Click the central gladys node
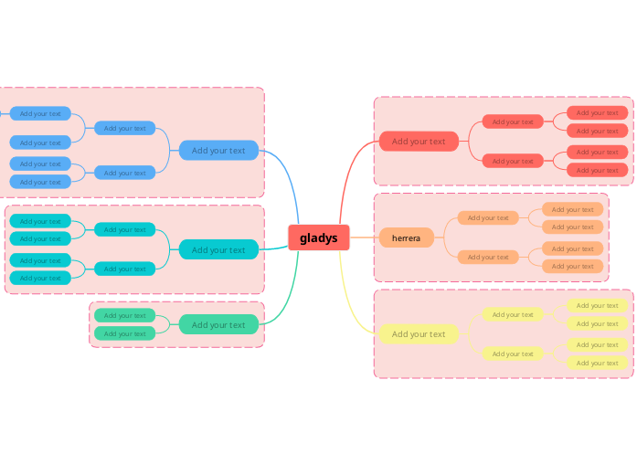318,237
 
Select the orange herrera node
406,237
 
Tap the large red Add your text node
419,142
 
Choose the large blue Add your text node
218,151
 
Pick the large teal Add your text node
218,249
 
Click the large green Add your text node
218,324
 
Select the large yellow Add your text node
419,334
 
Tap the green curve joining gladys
291,292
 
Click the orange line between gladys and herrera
364,237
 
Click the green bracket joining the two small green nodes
170,324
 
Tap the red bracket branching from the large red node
470,142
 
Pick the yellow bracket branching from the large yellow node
470,334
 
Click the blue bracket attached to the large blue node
168,151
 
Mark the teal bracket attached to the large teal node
168,249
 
